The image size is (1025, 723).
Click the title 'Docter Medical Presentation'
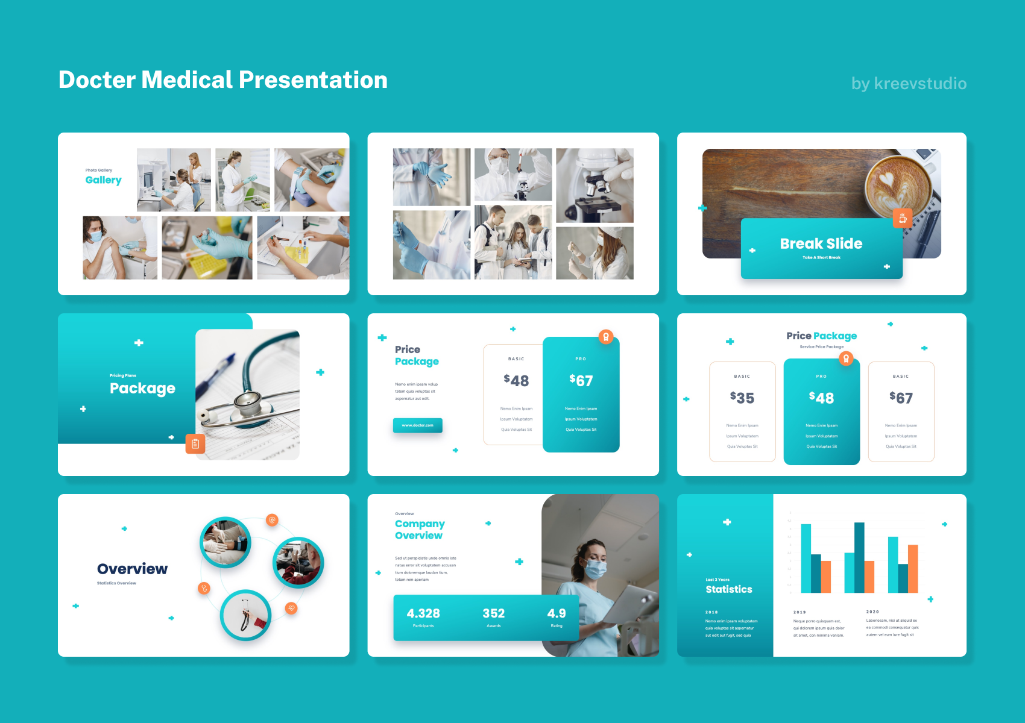[x=223, y=80]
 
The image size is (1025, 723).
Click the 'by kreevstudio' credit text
[x=909, y=83]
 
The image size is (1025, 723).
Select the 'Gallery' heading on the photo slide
[x=103, y=180]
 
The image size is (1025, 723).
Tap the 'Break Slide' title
[x=821, y=243]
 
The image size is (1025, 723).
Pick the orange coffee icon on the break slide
[x=902, y=218]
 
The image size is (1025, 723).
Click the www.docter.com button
[x=417, y=425]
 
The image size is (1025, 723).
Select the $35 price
[x=742, y=398]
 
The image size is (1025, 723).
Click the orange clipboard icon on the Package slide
[x=195, y=444]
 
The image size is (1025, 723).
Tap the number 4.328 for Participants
[x=423, y=613]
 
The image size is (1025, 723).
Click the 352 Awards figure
[x=493, y=613]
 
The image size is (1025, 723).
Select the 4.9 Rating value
[x=556, y=613]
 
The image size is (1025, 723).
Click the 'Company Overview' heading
[x=420, y=530]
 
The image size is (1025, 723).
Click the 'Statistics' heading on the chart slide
[x=728, y=589]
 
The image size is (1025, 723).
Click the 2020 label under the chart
[x=872, y=612]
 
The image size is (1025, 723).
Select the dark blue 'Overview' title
[x=132, y=569]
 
